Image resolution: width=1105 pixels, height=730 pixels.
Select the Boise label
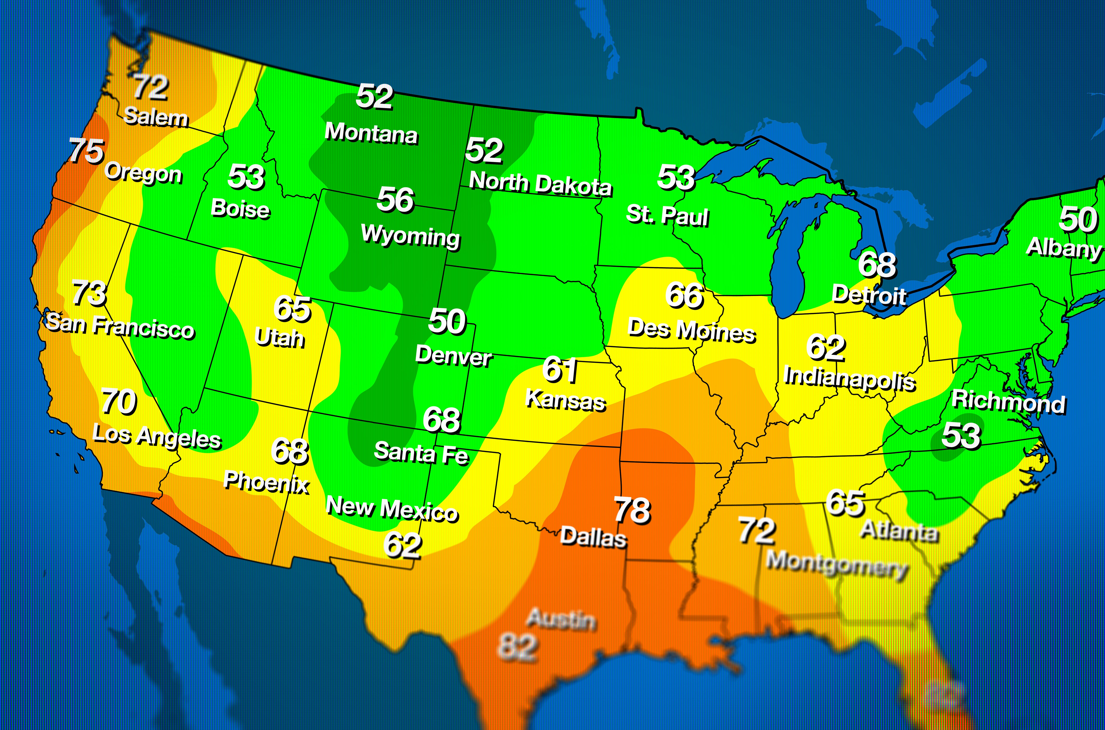(240, 209)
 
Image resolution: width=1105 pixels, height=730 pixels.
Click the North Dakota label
(540, 184)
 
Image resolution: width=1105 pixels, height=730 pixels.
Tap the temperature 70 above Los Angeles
(119, 401)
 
